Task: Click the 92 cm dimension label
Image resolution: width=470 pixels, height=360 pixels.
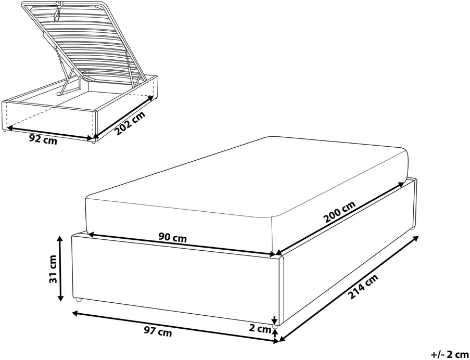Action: (x=43, y=139)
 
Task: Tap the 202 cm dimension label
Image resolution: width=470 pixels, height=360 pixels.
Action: (x=131, y=123)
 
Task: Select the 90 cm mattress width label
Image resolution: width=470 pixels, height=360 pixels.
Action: (x=173, y=238)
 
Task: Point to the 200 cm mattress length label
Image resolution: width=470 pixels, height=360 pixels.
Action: (x=339, y=212)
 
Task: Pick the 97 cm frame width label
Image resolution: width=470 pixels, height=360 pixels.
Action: (x=158, y=331)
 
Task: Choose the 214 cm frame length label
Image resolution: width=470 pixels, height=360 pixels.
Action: (x=363, y=287)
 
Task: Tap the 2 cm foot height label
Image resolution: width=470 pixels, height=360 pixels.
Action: (x=260, y=329)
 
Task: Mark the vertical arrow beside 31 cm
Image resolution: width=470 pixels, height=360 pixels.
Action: (x=60, y=268)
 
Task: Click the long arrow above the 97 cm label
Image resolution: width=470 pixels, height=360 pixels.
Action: (x=175, y=327)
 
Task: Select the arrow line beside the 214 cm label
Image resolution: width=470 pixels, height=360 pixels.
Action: (x=349, y=288)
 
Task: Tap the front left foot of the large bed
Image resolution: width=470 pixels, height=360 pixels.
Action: (x=78, y=300)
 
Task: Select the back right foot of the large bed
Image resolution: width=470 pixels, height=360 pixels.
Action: (x=413, y=228)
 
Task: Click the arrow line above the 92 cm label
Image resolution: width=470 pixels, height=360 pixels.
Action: (x=49, y=133)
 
